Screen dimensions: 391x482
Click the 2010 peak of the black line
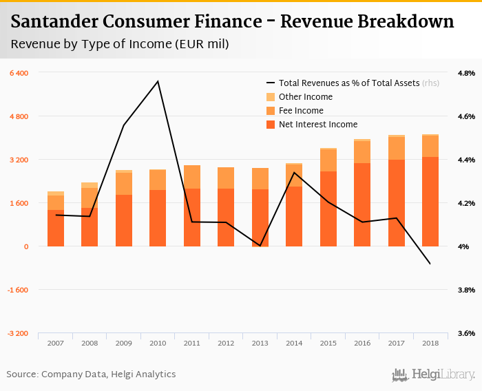[x=158, y=81]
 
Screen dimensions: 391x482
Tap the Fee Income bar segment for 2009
[x=124, y=184]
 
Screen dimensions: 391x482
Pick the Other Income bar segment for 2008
[x=90, y=185]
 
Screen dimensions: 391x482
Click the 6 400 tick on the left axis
[x=19, y=73]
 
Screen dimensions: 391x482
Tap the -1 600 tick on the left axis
[x=19, y=290]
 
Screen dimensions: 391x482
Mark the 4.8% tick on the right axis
[x=466, y=73]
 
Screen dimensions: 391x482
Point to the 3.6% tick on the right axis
[x=466, y=333]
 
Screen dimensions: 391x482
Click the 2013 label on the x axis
[x=260, y=342]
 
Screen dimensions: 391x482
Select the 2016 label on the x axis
[x=361, y=342]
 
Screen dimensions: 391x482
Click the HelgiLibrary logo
[x=434, y=374]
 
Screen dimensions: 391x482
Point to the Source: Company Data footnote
[x=91, y=374]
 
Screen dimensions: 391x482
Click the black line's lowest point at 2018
[x=430, y=264]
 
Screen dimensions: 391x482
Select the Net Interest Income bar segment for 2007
[x=56, y=228]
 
